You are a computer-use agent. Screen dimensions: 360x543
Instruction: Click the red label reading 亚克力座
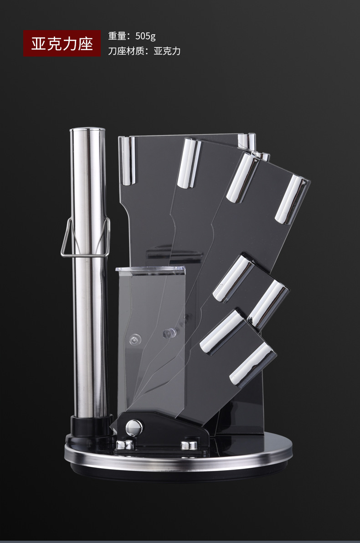coord(62,43)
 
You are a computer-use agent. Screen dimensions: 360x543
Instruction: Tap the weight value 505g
coord(145,36)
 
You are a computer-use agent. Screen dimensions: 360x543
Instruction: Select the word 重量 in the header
coord(117,36)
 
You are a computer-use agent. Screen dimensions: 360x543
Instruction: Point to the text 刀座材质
coord(126,51)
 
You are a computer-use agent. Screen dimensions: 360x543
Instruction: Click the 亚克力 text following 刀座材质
coord(167,51)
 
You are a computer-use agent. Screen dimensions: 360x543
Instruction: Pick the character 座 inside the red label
coord(85,44)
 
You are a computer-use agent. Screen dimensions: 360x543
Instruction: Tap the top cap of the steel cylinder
coord(87,130)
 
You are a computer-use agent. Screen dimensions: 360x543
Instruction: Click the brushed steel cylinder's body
coord(88,274)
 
